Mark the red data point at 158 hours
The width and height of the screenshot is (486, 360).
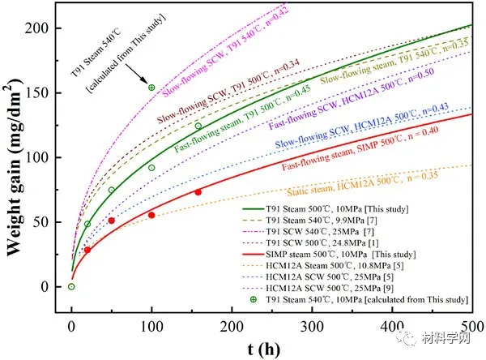pyautogui.click(x=198, y=192)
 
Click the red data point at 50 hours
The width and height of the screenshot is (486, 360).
pyautogui.click(x=112, y=221)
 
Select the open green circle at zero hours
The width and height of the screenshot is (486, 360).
pyautogui.click(x=71, y=286)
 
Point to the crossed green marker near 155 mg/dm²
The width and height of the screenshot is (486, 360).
pyautogui.click(x=151, y=88)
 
